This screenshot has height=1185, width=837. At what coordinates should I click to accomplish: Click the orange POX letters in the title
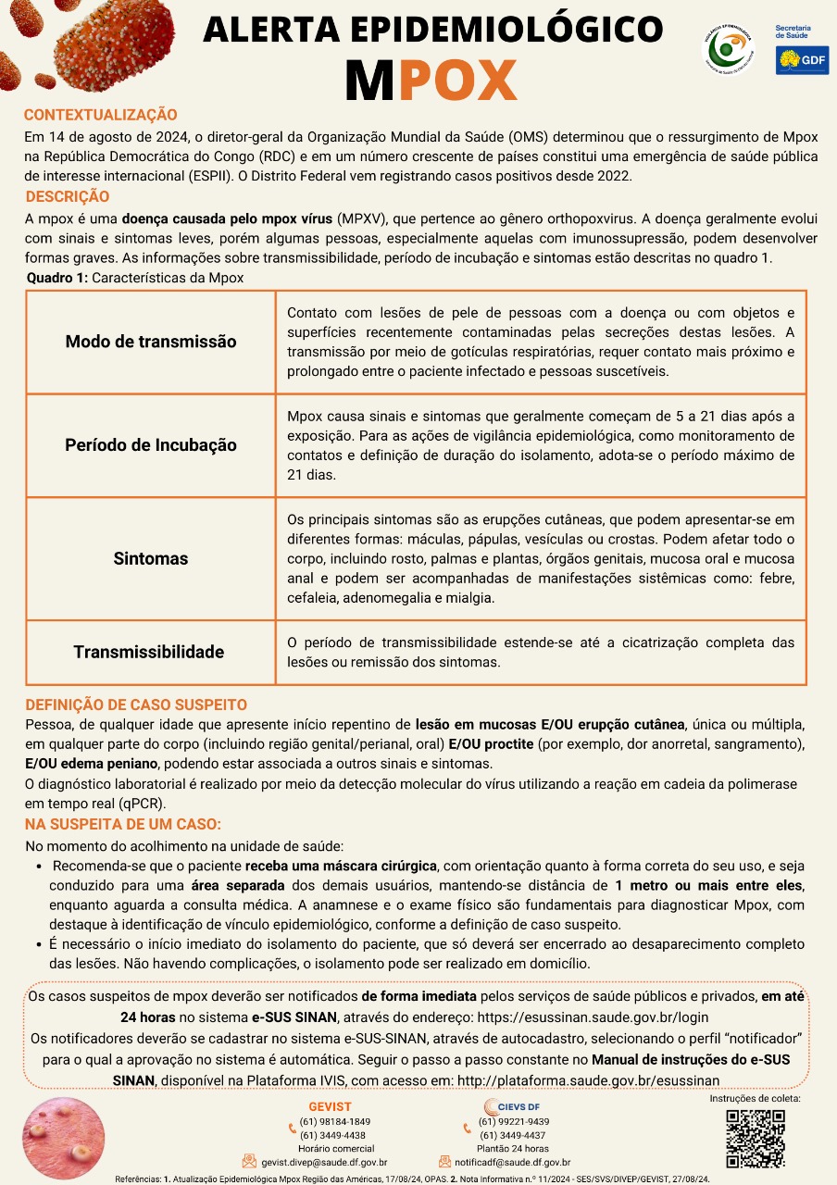458,82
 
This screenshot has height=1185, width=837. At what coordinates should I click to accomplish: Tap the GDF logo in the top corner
802,60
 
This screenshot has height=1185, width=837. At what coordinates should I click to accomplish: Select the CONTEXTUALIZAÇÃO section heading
100,115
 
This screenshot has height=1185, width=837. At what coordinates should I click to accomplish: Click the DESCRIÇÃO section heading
68,196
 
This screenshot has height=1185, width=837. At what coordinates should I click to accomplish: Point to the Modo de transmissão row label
151,342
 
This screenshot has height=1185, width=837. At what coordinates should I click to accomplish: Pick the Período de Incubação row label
151,445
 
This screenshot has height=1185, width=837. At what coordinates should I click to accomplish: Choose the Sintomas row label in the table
151,558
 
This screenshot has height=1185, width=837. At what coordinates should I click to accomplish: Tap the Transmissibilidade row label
149,652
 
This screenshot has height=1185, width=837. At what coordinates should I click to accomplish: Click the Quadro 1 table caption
135,278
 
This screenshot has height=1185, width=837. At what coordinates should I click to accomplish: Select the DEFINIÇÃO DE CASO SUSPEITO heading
136,705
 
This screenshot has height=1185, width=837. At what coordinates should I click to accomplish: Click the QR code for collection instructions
755,1137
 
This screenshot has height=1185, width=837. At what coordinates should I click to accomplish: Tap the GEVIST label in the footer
330,1107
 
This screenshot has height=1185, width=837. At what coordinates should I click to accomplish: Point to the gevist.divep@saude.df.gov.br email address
324,1162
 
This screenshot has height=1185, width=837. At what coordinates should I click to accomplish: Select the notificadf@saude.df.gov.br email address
512,1162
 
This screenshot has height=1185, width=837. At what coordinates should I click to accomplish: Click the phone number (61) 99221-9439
513,1121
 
